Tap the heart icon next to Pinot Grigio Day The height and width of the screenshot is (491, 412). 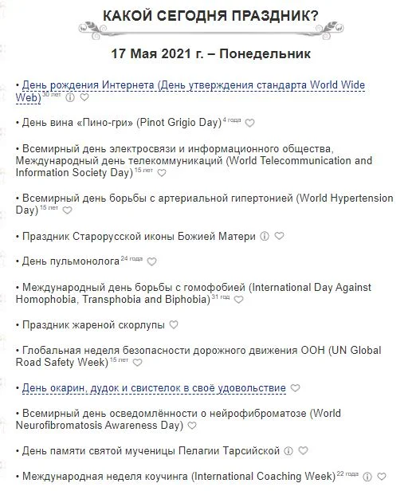(249, 124)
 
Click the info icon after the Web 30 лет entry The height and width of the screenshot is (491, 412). (70, 98)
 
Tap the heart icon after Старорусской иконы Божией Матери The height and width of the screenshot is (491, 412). (279, 237)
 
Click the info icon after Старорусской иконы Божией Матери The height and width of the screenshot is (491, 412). (265, 237)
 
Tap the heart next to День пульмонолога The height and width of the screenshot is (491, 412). (152, 261)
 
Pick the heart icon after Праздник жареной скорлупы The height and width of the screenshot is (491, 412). (175, 324)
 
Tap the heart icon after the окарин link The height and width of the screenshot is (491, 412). (295, 388)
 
